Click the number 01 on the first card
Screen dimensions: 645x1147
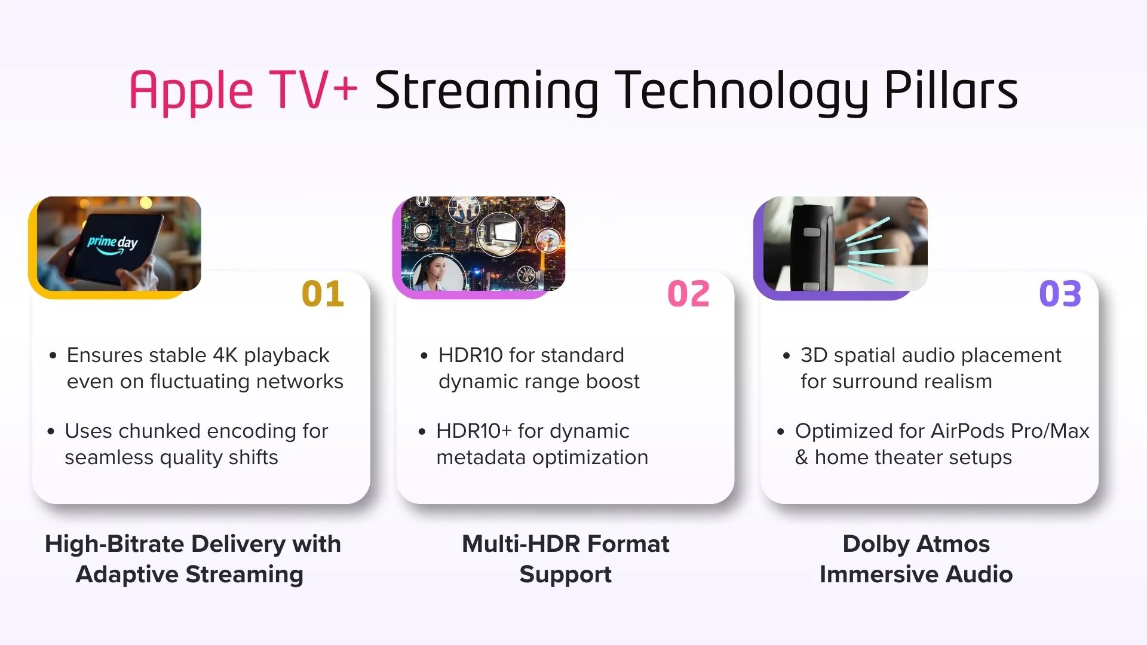tap(323, 294)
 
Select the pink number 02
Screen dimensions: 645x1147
tap(688, 294)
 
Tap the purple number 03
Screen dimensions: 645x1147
tap(1060, 294)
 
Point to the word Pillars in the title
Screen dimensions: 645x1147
tap(951, 91)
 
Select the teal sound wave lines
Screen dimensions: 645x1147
tap(869, 251)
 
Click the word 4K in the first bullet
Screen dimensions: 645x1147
tap(225, 355)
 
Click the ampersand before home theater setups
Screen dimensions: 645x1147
tap(801, 457)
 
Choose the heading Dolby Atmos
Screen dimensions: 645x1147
tap(916, 544)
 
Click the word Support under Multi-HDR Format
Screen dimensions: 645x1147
tap(565, 575)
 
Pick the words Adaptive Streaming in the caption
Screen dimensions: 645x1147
tap(189, 575)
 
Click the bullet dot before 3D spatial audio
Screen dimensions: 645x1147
tap(786, 356)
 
